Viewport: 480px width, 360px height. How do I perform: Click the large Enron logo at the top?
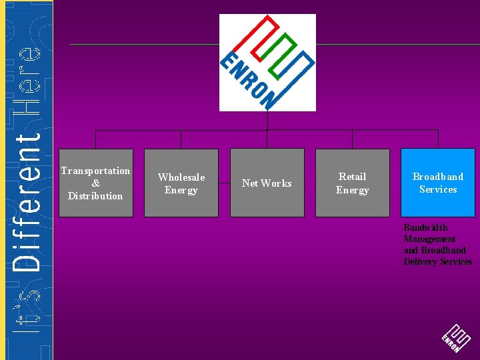pyautogui.click(x=267, y=62)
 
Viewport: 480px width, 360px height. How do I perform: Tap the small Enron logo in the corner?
pyautogui.click(x=455, y=339)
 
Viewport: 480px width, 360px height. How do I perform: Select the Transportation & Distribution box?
pyautogui.click(x=95, y=183)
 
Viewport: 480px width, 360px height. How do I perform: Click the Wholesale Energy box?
pyautogui.click(x=181, y=183)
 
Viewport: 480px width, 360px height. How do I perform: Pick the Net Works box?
pyautogui.click(x=267, y=183)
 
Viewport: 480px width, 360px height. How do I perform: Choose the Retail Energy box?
pyautogui.click(x=352, y=183)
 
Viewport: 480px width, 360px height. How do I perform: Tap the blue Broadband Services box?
pyautogui.click(x=437, y=183)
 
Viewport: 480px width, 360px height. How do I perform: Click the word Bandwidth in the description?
pyautogui.click(x=425, y=228)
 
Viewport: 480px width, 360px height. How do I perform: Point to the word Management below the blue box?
pyautogui.click(x=429, y=239)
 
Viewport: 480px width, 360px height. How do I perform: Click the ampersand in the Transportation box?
pyautogui.click(x=95, y=183)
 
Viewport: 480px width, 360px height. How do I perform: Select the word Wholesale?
pyautogui.click(x=181, y=177)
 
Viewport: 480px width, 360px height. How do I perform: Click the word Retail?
pyautogui.click(x=352, y=177)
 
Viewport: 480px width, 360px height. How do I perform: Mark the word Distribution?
pyautogui.click(x=95, y=196)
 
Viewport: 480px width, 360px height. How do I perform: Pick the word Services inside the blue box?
pyautogui.click(x=438, y=189)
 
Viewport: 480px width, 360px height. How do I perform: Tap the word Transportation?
pyautogui.click(x=95, y=171)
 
